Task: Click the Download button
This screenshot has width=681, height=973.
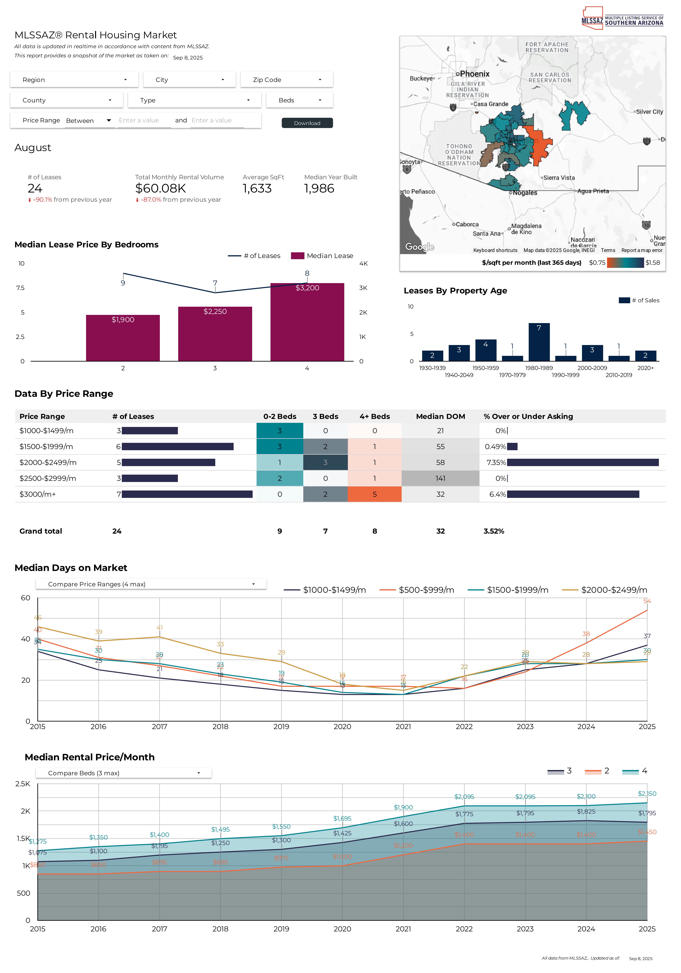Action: pyautogui.click(x=307, y=123)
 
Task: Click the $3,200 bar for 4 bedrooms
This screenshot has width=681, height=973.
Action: pyautogui.click(x=307, y=322)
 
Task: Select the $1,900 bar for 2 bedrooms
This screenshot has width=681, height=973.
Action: pyautogui.click(x=123, y=338)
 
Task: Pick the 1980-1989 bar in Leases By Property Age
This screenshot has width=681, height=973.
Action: pyautogui.click(x=539, y=342)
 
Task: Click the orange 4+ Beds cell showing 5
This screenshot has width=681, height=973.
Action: pyautogui.click(x=374, y=494)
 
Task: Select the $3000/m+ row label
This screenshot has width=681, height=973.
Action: pyautogui.click(x=38, y=494)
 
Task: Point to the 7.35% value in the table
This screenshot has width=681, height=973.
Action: pyautogui.click(x=496, y=462)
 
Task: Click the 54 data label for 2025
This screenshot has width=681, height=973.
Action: pyautogui.click(x=647, y=601)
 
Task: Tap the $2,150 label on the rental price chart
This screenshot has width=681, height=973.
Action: pyautogui.click(x=647, y=793)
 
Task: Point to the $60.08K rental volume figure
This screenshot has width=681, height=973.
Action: pyautogui.click(x=160, y=189)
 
